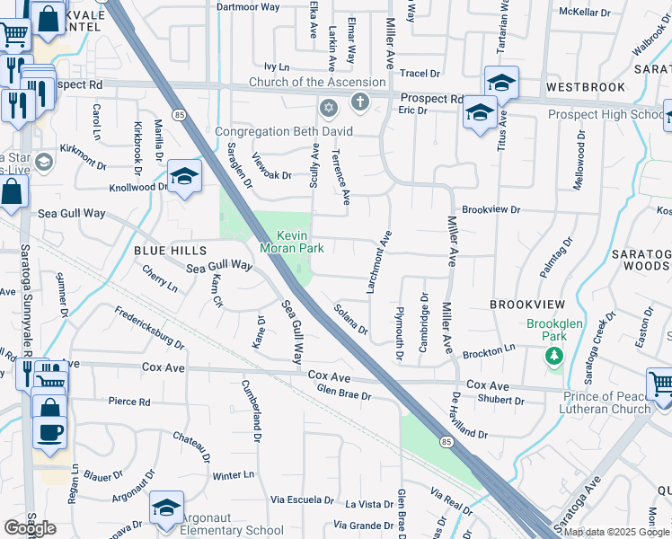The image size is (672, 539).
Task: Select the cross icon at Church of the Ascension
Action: pos(360,102)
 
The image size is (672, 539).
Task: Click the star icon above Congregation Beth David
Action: pos(328,110)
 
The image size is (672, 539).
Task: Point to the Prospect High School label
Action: pos(606,114)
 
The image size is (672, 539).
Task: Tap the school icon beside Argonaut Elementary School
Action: pos(166,508)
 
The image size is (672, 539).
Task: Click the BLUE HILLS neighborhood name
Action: pos(171,249)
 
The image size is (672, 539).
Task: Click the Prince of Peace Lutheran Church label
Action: pos(606,402)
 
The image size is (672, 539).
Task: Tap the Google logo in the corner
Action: pos(30,528)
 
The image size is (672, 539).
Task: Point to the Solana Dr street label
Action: pos(350,319)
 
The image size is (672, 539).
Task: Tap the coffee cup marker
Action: pos(49,432)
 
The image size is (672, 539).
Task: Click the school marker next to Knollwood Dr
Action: pos(183,177)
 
